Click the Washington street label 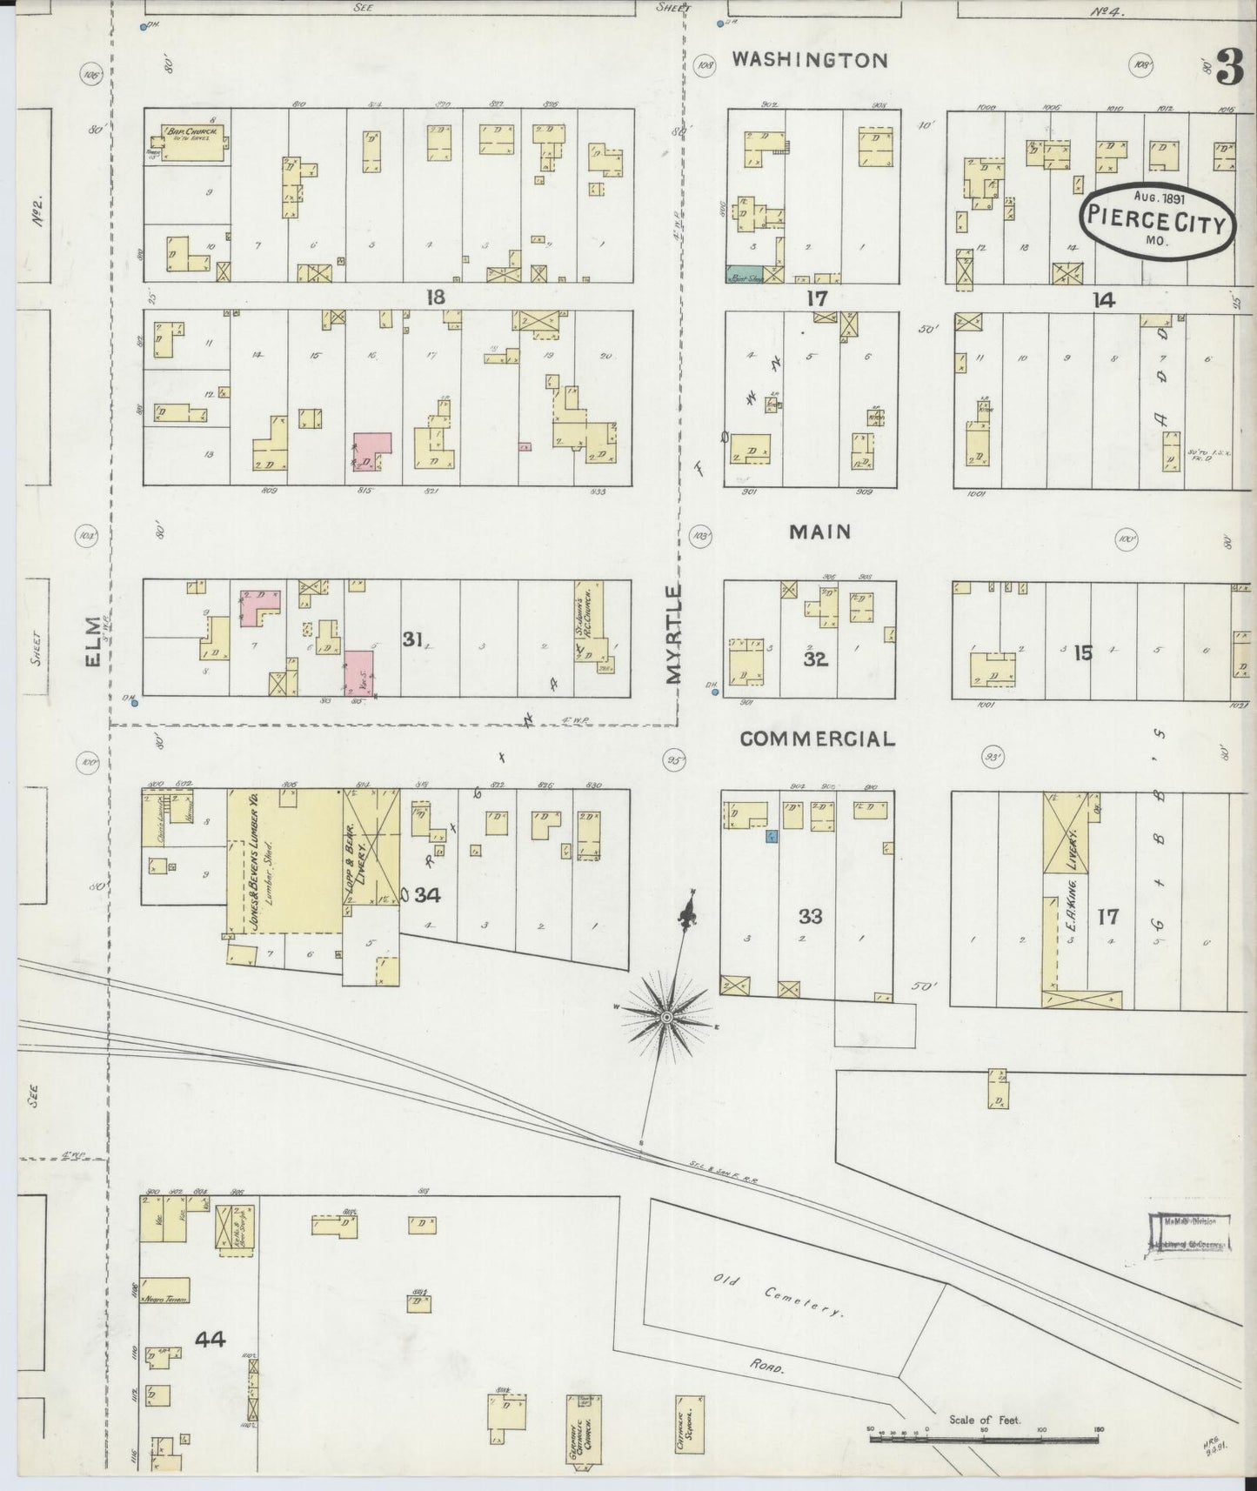[x=809, y=60]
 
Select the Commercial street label [x=817, y=739]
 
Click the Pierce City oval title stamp [x=1158, y=220]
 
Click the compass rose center [x=666, y=1017]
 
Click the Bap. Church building [x=197, y=142]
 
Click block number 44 [x=210, y=1339]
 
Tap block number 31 [x=411, y=639]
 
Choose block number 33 [x=810, y=916]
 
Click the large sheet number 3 [x=1228, y=67]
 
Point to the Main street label [x=819, y=532]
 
